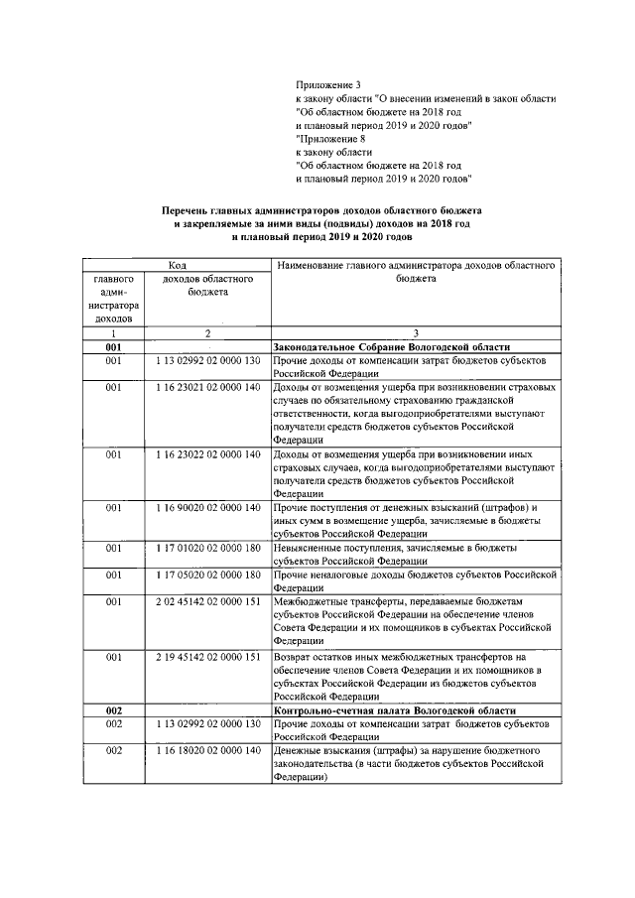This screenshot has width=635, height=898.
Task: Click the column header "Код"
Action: pos(177,266)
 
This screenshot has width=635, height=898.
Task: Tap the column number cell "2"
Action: pos(206,334)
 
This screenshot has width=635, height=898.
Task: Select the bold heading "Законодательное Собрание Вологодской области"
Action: pos(393,349)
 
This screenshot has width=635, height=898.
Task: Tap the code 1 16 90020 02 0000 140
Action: pos(206,507)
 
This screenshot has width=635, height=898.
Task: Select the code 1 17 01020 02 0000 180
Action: pos(206,547)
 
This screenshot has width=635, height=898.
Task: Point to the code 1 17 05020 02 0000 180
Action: pos(206,575)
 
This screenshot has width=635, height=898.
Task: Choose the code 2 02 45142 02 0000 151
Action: pos(206,601)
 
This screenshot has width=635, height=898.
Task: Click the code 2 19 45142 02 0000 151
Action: pos(206,656)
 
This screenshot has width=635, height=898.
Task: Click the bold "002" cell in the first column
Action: pos(114,711)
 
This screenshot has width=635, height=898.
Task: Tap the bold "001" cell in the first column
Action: pos(114,349)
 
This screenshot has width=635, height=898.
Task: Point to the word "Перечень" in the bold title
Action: pos(190,211)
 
